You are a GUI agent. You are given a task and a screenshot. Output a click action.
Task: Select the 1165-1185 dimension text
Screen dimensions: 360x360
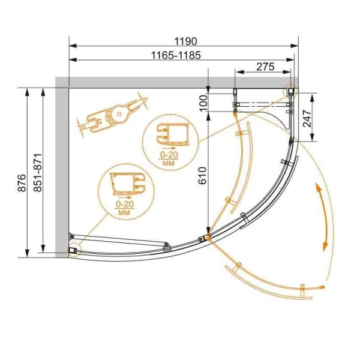point(172,55)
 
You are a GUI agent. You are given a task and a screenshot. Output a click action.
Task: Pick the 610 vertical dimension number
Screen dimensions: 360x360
point(203,173)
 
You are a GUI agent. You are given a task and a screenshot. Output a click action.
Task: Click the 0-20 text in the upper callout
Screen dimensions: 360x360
point(168,155)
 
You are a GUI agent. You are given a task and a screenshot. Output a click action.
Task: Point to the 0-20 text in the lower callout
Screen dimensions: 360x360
point(124,205)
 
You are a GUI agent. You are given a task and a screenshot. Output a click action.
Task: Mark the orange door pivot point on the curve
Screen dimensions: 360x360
point(208,238)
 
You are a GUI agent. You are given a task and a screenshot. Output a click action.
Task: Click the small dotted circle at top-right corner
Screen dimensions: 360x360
point(292,91)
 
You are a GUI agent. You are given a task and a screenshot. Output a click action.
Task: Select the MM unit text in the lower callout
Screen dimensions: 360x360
point(124,212)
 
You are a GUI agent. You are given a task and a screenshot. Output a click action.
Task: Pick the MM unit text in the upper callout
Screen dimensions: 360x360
point(168,163)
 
